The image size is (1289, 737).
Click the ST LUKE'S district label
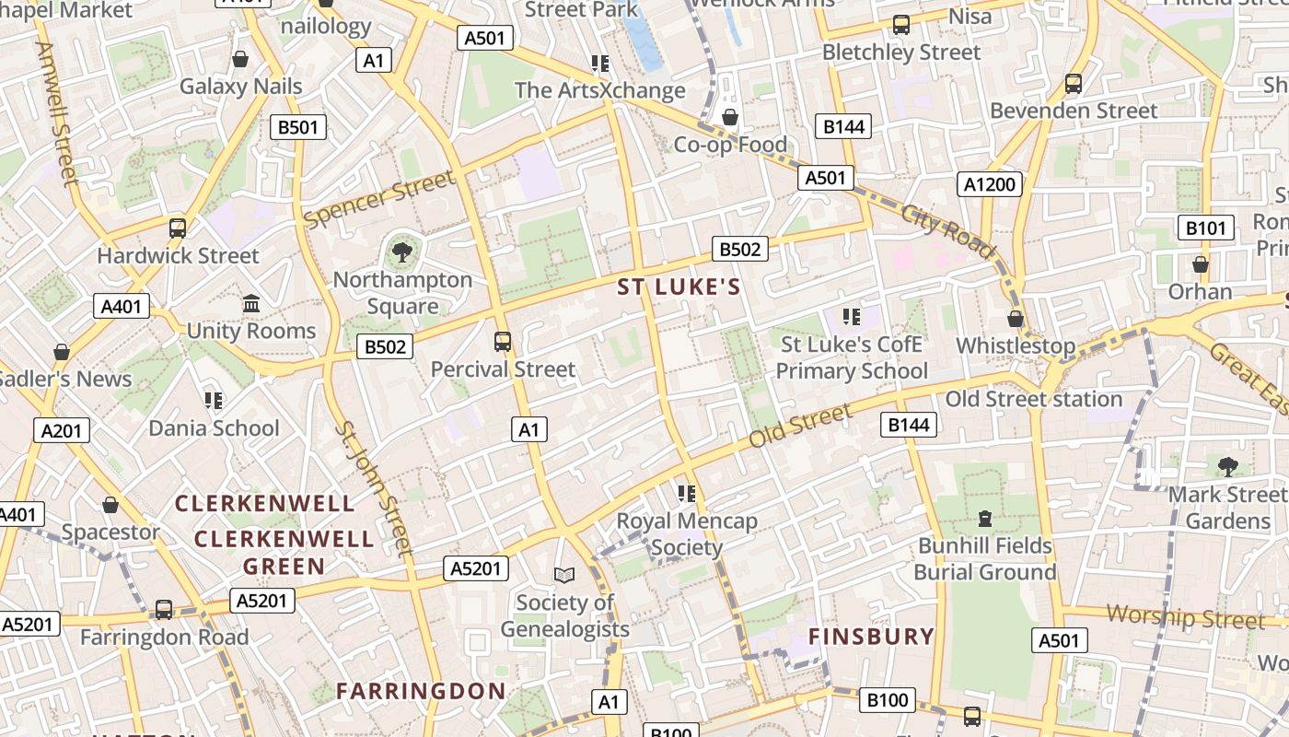tap(679, 287)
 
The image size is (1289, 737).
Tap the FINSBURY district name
tap(871, 636)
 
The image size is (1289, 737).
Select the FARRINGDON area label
tap(421, 691)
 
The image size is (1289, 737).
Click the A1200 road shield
tap(990, 184)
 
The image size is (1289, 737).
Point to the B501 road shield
tap(297, 127)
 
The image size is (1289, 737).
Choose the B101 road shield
tap(1206, 228)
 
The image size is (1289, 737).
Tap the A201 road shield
tap(62, 429)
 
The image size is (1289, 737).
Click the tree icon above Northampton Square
tap(401, 252)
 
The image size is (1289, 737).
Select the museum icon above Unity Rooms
tap(250, 303)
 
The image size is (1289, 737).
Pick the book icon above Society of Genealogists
tap(564, 575)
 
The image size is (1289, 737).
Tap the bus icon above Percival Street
tap(503, 342)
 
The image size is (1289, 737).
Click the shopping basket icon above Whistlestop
tap(1016, 319)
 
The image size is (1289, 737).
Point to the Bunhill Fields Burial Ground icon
tap(985, 518)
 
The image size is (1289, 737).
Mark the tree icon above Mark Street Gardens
tap(1227, 466)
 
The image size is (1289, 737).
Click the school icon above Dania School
tap(214, 400)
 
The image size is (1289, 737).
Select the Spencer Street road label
tap(378, 200)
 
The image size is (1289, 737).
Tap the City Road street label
tap(947, 230)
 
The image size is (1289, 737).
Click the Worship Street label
tap(1186, 616)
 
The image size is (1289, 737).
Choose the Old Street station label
tap(1033, 399)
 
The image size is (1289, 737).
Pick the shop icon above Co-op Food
tap(730, 117)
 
